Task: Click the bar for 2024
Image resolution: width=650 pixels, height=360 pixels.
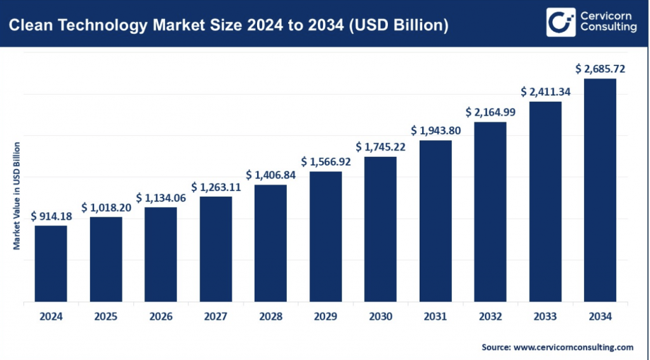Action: tap(51, 263)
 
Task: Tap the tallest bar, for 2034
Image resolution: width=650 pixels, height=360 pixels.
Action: tap(600, 190)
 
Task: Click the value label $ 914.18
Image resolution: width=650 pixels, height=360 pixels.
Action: tap(51, 217)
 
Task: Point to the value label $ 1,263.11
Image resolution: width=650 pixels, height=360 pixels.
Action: tap(216, 187)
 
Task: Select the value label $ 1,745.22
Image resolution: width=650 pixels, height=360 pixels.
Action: tap(381, 147)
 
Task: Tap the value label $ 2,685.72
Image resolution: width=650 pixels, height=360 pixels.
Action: tap(600, 69)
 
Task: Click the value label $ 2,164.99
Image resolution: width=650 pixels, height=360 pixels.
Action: tap(491, 112)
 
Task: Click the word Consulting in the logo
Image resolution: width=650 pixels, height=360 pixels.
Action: tap(609, 27)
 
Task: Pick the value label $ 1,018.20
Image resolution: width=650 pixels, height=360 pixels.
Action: tap(106, 208)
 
